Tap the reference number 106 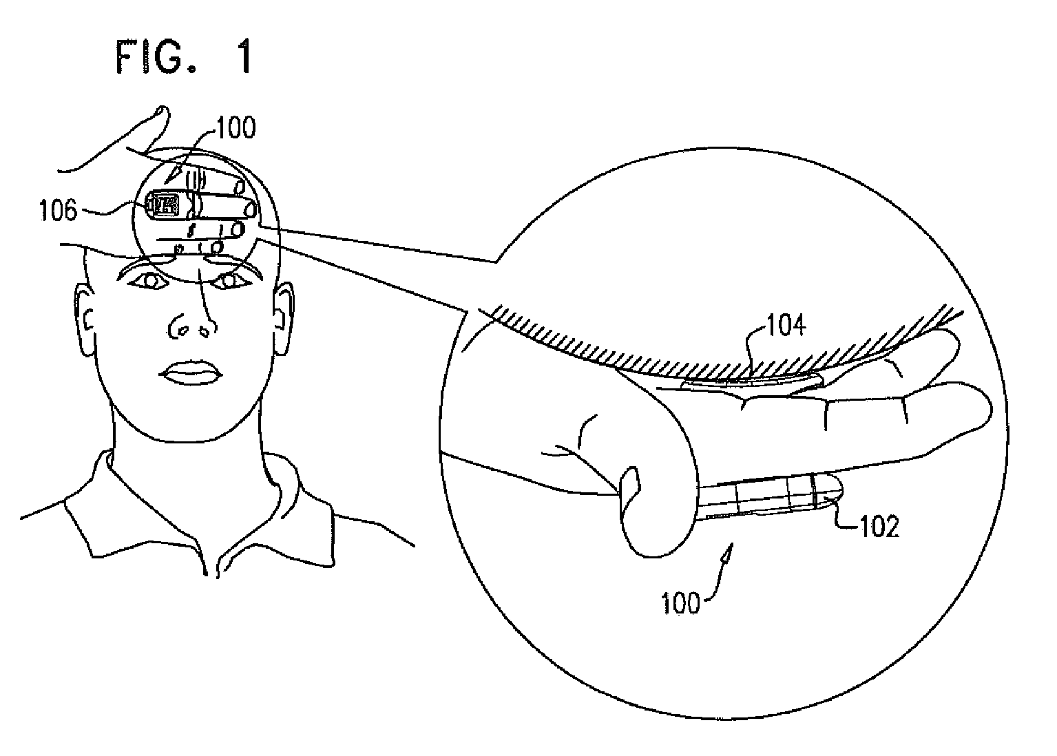coord(57,210)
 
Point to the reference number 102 coord(879,527)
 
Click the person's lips coord(191,372)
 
